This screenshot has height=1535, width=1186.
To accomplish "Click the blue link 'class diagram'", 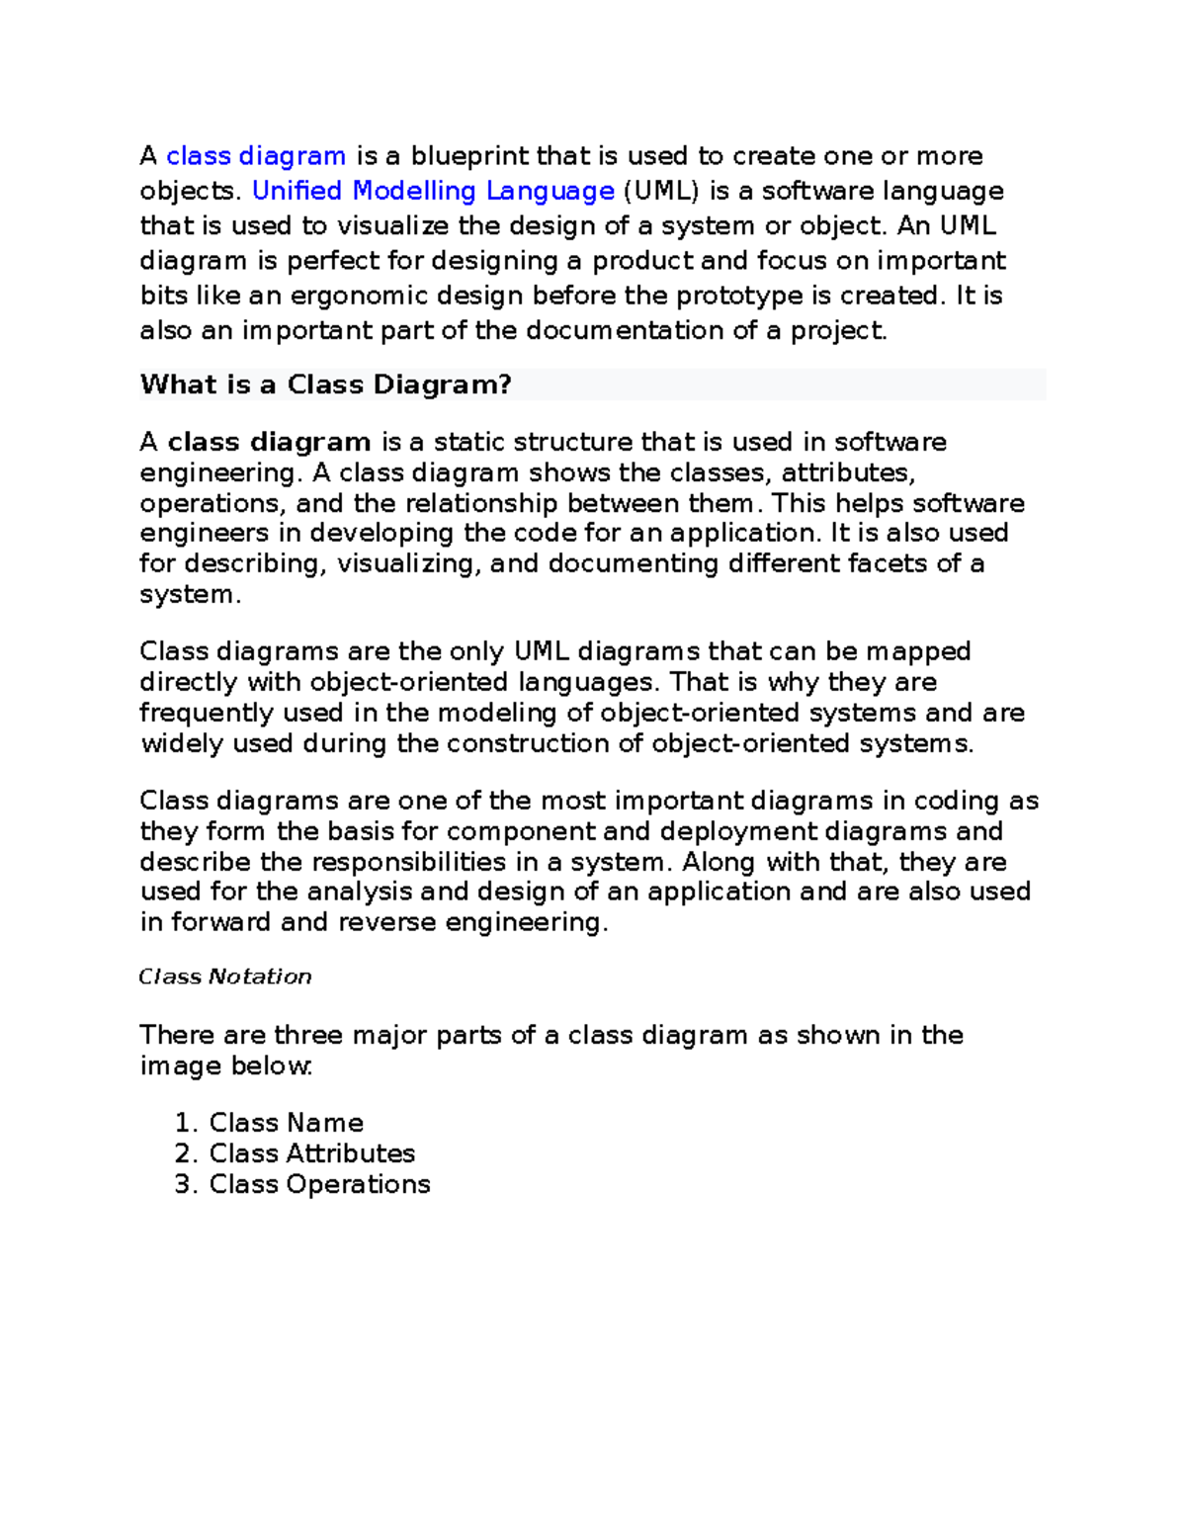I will [256, 156].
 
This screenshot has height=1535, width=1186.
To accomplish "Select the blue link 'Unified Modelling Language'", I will [434, 191].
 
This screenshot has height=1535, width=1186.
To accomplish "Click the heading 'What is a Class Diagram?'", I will [326, 384].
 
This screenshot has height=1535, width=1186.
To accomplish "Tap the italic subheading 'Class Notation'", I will [225, 977].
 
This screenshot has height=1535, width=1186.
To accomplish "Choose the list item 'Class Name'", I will [286, 1123].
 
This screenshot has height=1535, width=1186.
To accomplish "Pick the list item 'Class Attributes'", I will [311, 1153].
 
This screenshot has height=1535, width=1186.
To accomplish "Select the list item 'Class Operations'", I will [319, 1184].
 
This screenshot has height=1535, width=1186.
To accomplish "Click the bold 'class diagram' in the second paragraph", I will [269, 442].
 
